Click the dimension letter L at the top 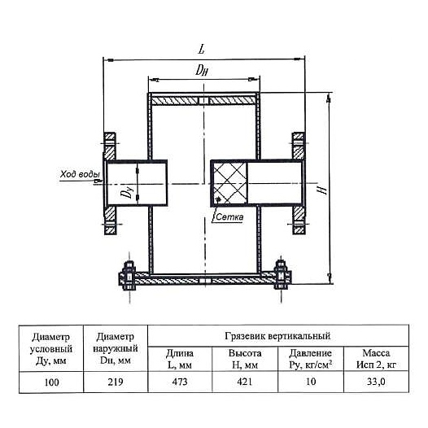tap(202, 49)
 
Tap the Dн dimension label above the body tap(202, 70)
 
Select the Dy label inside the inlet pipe tap(127, 190)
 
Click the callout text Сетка tap(229, 217)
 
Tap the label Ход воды tap(80, 174)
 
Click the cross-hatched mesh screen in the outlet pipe tap(229, 183)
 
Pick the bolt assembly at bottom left tap(129, 275)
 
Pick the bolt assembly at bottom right tap(282, 275)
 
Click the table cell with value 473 tap(180, 382)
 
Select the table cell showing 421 tap(245, 382)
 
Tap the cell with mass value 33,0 tap(376, 382)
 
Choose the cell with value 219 tap(116, 382)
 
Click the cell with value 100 tap(51, 382)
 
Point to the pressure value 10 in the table tap(311, 382)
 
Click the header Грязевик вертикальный tap(277, 336)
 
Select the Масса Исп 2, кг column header tap(376, 359)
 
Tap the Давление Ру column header tap(311, 359)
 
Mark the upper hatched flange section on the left tap(110, 146)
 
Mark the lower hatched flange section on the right tap(299, 220)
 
